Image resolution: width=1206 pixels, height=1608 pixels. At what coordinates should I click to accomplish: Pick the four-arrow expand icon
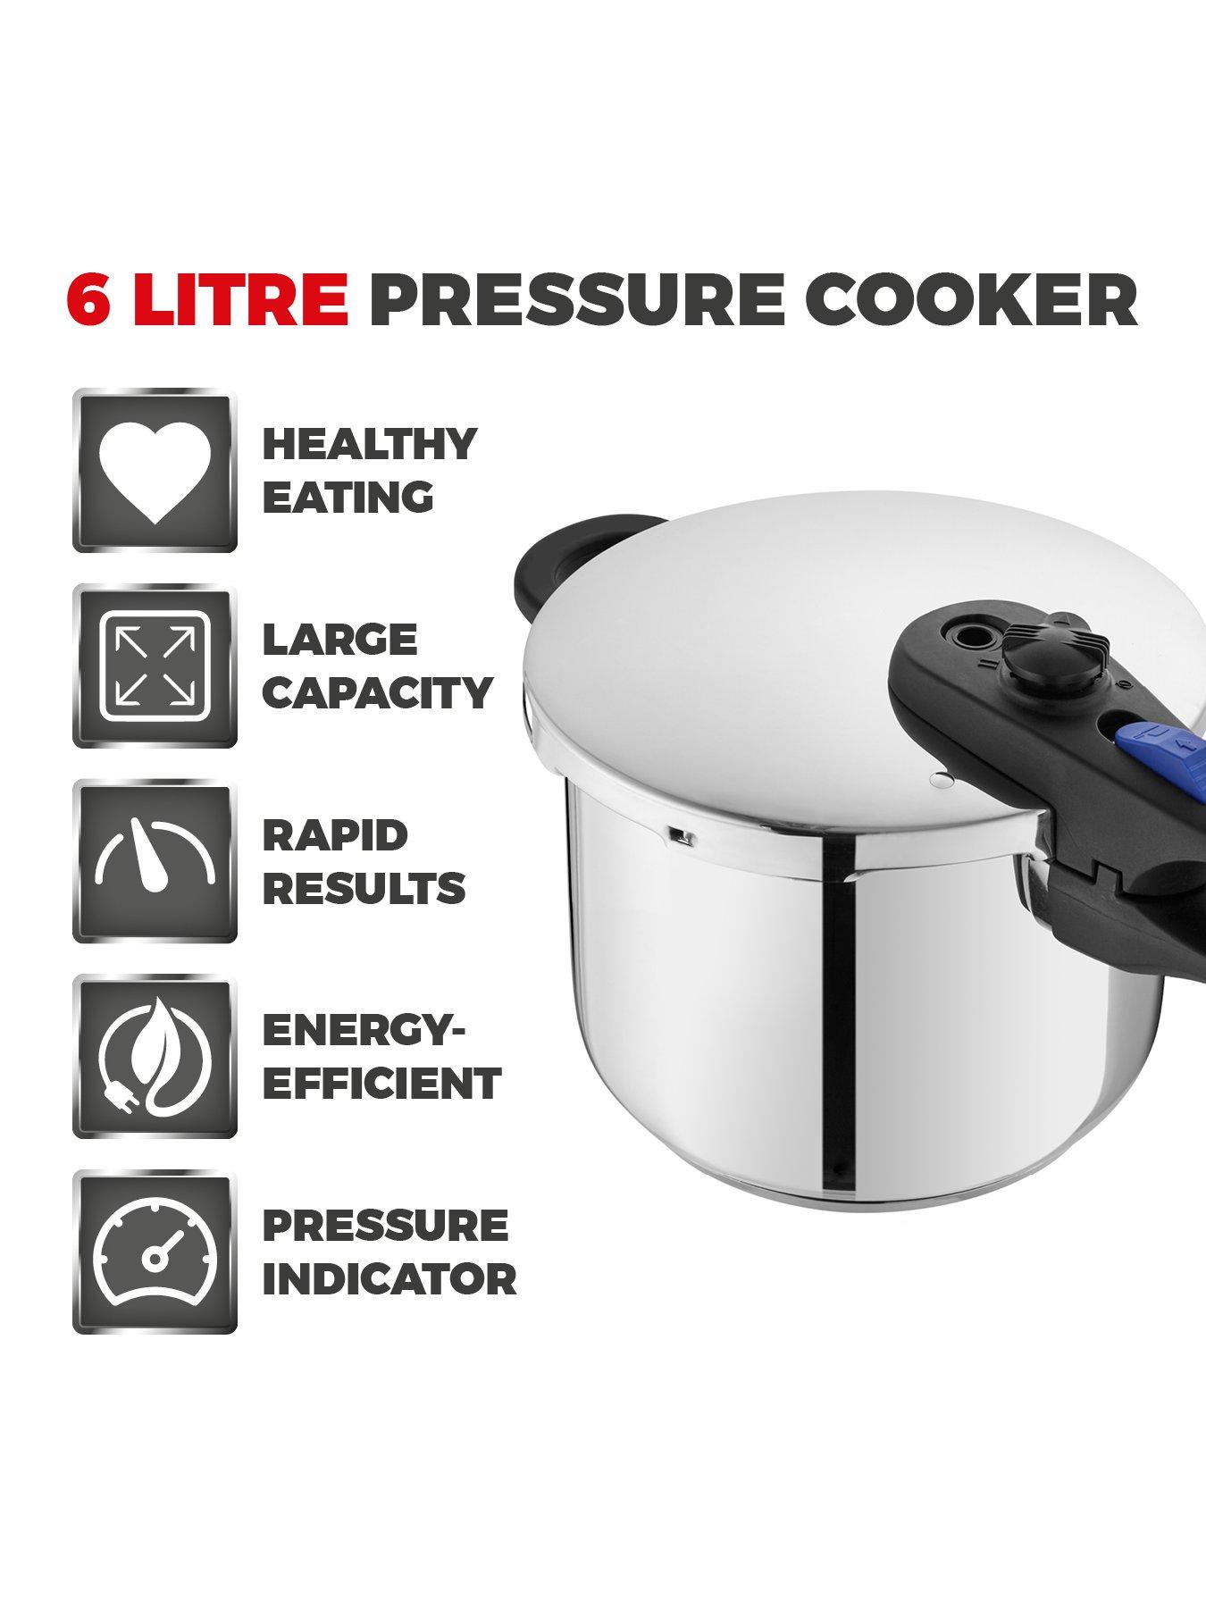(x=155, y=666)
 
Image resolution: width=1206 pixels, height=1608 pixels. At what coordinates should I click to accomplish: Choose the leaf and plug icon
(x=155, y=1056)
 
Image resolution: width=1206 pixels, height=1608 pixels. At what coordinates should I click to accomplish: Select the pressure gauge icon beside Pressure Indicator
(x=155, y=1252)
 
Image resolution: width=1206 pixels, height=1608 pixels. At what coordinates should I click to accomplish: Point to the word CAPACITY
(x=377, y=692)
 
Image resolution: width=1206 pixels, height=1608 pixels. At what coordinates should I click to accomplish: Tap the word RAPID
(x=335, y=835)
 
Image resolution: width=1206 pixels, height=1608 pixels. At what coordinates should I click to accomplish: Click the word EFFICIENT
(x=381, y=1084)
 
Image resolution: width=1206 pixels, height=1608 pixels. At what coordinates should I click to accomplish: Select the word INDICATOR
(x=389, y=1278)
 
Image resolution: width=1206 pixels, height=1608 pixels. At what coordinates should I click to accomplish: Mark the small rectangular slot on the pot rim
(x=681, y=837)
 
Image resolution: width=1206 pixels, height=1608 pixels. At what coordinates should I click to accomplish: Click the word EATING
(x=348, y=497)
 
